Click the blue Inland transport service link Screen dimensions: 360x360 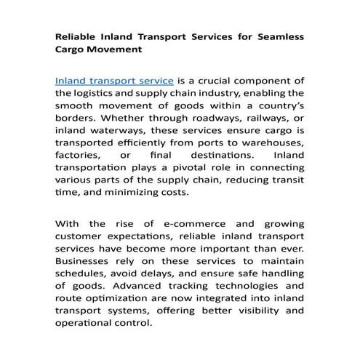click(x=114, y=79)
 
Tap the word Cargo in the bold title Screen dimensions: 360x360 click(x=73, y=50)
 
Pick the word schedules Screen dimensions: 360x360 click(x=83, y=291)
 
